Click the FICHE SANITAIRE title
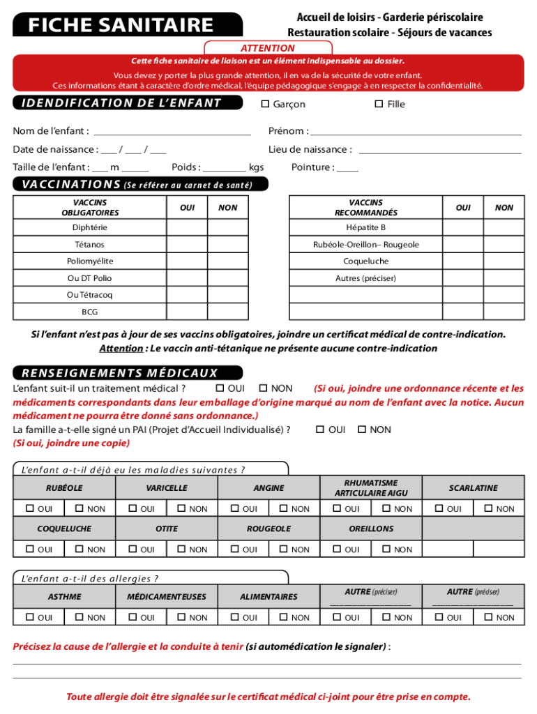pos(121,26)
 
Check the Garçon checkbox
pos(265,105)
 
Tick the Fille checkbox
pos(379,105)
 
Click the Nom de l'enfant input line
pos(172,132)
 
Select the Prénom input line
pos(416,132)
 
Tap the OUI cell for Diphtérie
pos(187,228)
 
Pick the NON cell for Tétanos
pos(227,245)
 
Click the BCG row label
pos(90,312)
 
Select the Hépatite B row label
pos(365,228)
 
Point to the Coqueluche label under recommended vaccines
pos(365,261)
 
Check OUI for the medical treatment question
pos(220,388)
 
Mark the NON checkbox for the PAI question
pos(362,430)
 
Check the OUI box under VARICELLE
pos(133,509)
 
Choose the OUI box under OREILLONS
pos(338,549)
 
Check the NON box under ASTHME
pos(80,617)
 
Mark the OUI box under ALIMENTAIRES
pos(235,617)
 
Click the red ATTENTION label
pos(267,48)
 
